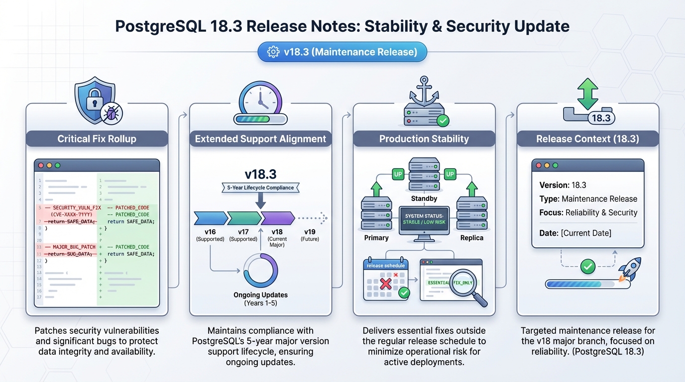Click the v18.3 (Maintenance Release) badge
342,52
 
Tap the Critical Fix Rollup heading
97,139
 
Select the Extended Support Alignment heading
260,139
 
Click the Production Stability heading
424,139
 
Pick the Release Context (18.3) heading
587,139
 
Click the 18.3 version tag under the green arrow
601,118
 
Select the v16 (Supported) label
210,235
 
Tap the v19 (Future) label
310,235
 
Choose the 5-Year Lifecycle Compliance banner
260,188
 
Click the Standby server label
424,198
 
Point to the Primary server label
376,238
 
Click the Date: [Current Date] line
575,233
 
